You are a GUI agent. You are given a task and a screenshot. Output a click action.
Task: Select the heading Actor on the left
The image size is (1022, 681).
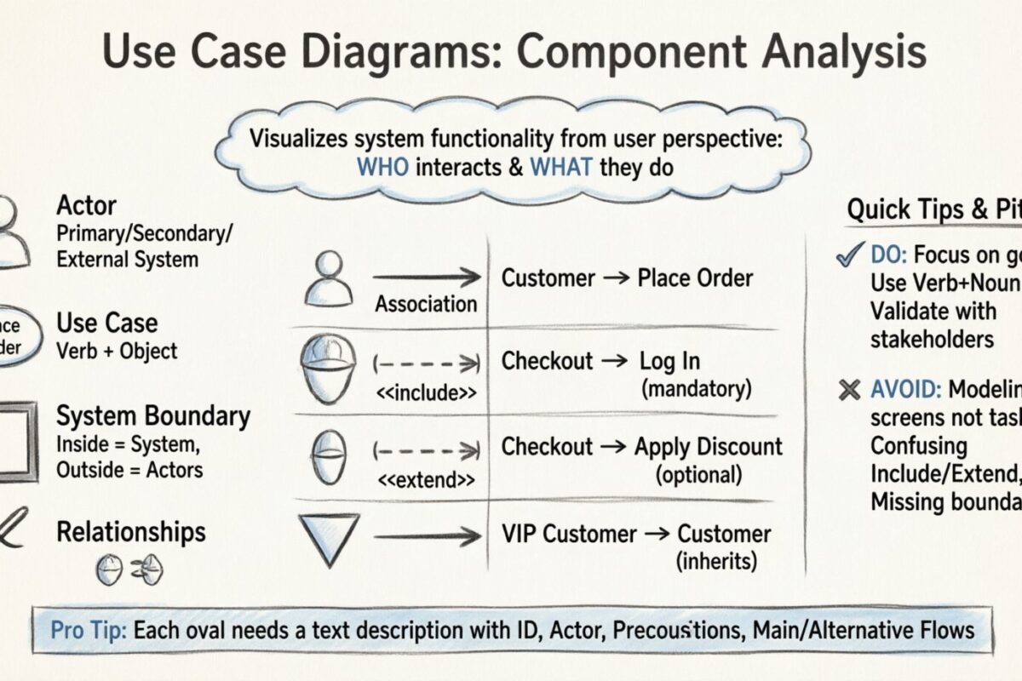pos(86,205)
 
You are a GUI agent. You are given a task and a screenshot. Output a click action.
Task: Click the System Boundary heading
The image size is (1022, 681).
pos(153,416)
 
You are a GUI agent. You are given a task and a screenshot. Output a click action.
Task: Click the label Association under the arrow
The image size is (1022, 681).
pos(426,304)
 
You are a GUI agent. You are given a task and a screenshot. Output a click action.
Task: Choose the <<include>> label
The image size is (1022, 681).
pos(423,393)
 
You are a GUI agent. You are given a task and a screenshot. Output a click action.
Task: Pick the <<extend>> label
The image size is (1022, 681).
pos(423,480)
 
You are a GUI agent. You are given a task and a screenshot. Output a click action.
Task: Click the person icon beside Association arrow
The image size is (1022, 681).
pos(328,279)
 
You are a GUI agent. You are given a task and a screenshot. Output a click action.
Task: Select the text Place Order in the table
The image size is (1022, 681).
pos(696,278)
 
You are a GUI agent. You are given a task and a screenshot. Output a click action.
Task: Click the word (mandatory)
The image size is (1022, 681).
pos(697,389)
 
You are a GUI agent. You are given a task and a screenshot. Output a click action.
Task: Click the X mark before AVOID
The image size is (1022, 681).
pos(848,391)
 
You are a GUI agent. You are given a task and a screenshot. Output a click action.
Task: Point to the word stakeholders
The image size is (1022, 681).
pos(931,338)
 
